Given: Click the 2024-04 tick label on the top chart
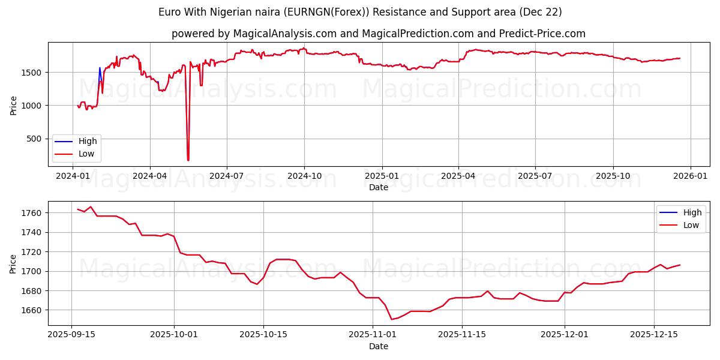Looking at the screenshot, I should [x=149, y=177].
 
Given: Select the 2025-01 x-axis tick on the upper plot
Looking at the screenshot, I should [x=382, y=177].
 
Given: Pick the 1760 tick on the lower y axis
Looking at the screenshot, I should [x=31, y=213].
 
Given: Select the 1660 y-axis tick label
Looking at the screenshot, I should [x=31, y=310].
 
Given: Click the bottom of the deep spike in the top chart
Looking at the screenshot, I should [x=188, y=160].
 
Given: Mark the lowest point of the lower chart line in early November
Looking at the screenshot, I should [x=392, y=319].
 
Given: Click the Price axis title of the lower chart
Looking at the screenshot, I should [x=13, y=264].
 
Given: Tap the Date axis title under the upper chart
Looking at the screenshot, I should [x=378, y=187].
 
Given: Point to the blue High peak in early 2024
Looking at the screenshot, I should [x=100, y=68].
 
